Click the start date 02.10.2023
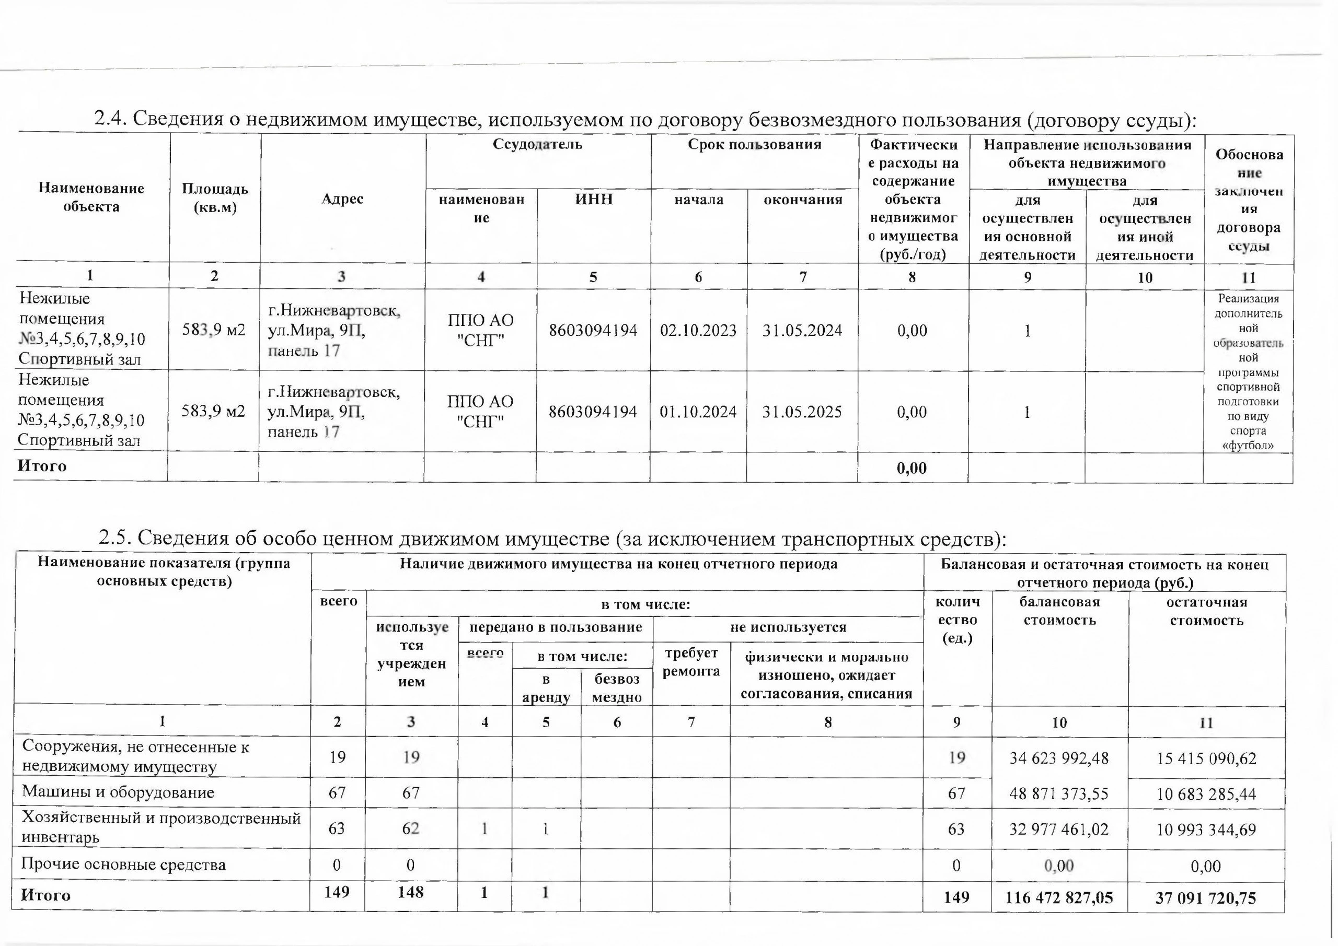[698, 331]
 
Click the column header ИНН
[594, 199]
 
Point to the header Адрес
[342, 198]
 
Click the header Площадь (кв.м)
[215, 197]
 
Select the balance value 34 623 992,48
[1059, 758]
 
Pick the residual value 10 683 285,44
[1206, 794]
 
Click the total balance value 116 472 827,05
[1059, 897]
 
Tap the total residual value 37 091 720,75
[1206, 897]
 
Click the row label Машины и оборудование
[118, 792]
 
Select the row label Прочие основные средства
[123, 865]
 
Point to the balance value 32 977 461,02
[1059, 829]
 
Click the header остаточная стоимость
[1206, 611]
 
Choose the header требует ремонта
[691, 662]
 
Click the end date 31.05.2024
[802, 331]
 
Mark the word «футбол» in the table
[1248, 446]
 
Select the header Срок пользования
[754, 145]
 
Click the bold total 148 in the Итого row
[410, 892]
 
